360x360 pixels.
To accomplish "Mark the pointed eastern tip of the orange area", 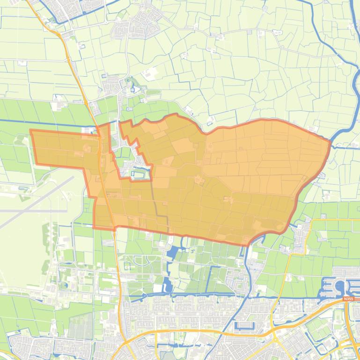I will (330, 141).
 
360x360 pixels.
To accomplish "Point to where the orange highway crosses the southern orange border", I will (114, 228).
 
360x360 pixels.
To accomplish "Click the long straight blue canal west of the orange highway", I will (47, 123).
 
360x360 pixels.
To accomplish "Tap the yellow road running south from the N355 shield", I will (347, 327).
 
